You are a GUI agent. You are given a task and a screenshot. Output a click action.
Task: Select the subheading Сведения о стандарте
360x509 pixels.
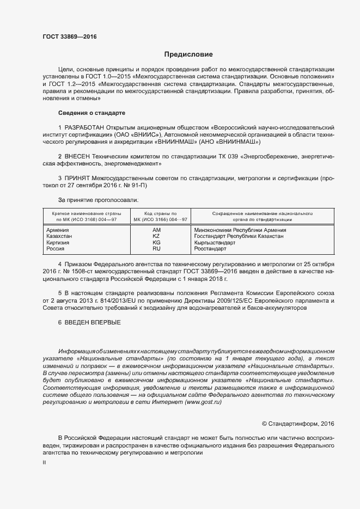pos(91,113)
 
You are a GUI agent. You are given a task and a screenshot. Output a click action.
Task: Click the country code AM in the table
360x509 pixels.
pos(156,230)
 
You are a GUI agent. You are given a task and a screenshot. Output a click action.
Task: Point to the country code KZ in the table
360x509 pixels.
pos(156,236)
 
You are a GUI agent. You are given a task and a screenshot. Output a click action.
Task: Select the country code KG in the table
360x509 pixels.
pos(156,242)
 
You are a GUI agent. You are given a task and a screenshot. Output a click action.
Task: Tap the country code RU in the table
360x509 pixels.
pos(156,248)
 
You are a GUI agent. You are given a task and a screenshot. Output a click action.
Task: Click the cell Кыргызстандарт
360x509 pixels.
pos(215,242)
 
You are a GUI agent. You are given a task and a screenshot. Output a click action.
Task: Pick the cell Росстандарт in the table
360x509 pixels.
pos(210,248)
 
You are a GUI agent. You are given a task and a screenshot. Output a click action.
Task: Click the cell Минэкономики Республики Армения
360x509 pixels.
pos(240,230)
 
